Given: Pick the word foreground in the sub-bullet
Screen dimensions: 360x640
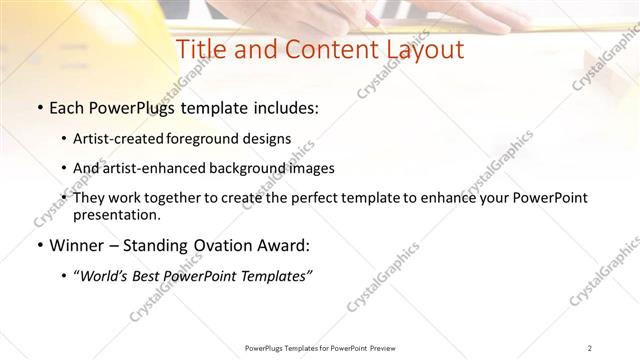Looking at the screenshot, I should point(214,138).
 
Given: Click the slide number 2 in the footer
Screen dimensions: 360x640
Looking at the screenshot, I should point(591,348).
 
